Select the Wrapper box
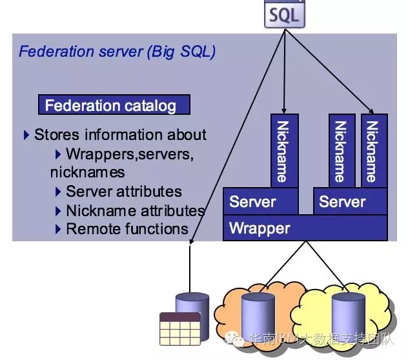click(x=305, y=228)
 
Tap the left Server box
click(x=260, y=202)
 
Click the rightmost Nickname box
click(x=374, y=151)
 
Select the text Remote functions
click(x=127, y=228)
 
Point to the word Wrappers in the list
click(x=99, y=154)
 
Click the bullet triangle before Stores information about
click(x=26, y=135)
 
